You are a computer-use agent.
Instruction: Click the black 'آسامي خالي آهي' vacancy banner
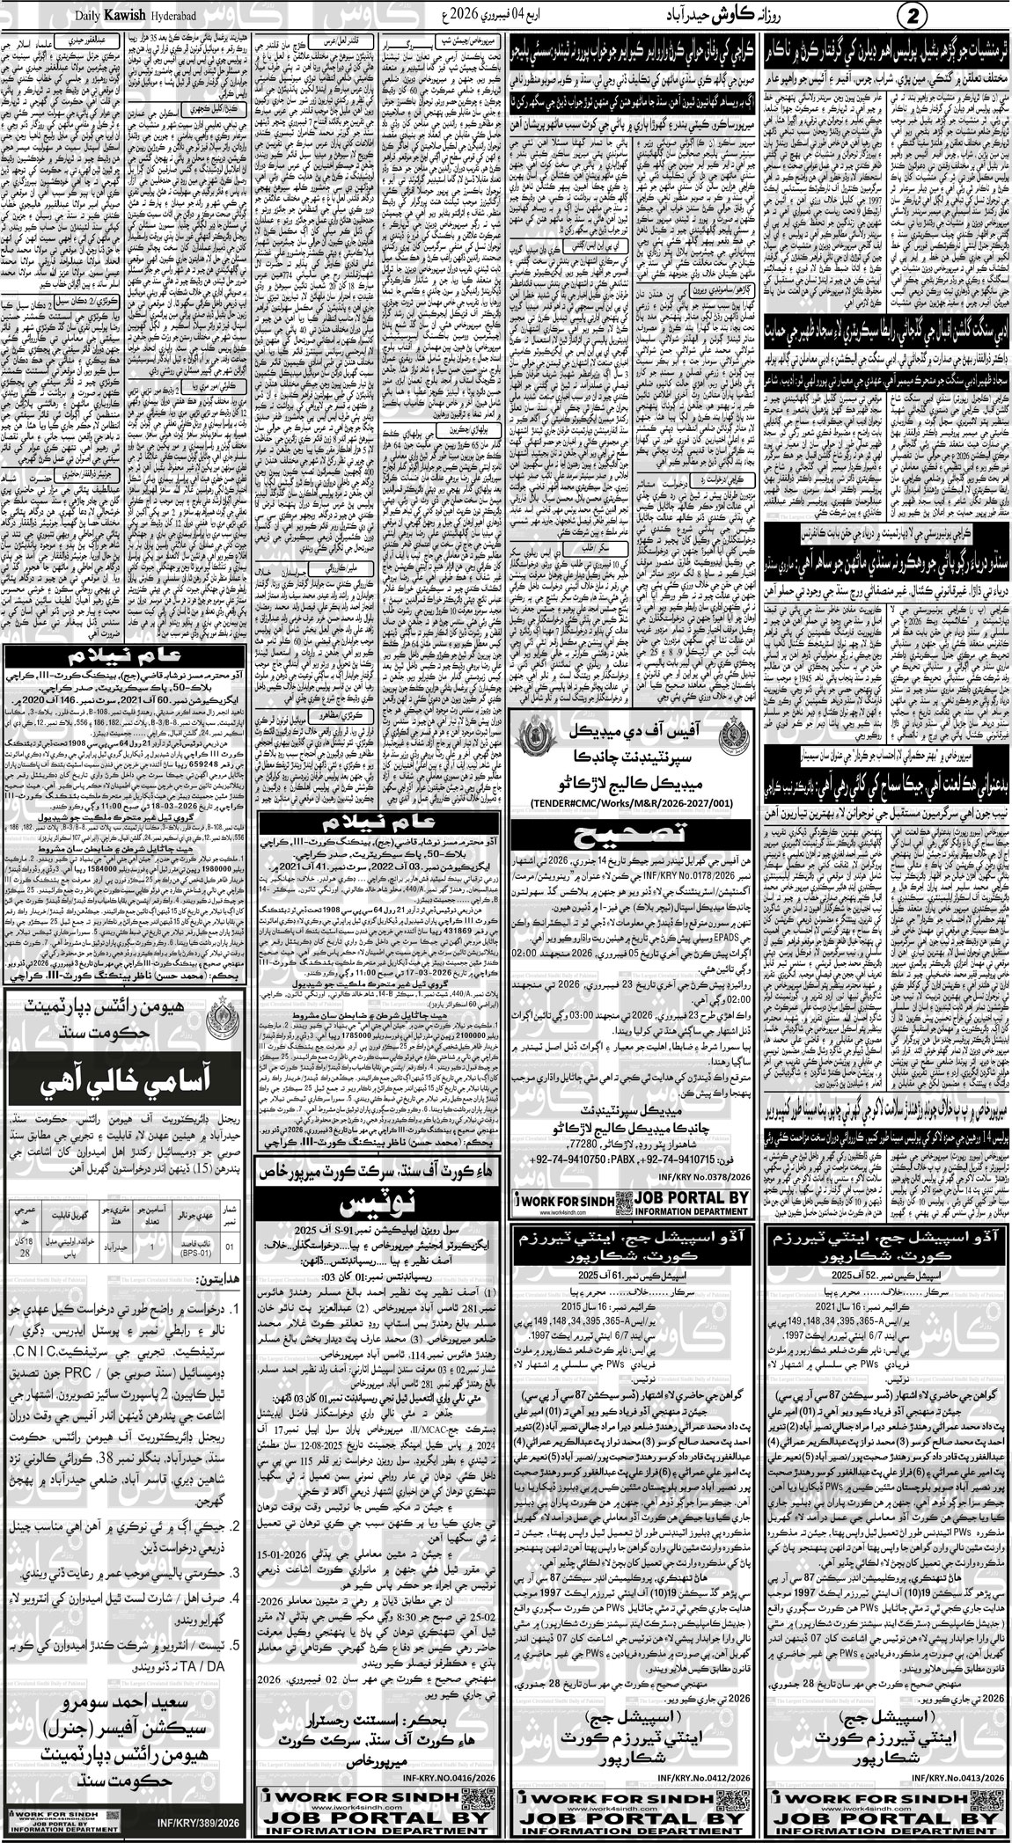coord(126,1069)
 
